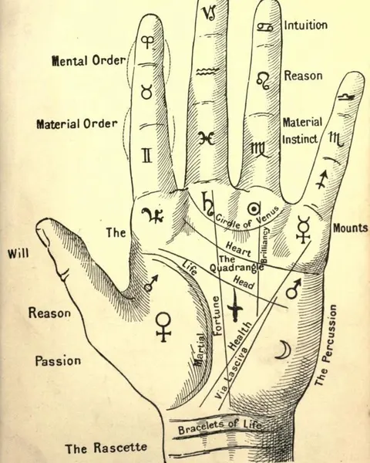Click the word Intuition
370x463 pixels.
tap(306, 25)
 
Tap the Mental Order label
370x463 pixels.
tap(89, 60)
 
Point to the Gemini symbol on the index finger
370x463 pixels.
tap(147, 156)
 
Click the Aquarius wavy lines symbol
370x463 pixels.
tap(207, 71)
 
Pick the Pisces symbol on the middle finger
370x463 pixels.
tap(207, 138)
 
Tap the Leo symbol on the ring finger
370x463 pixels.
tap(263, 80)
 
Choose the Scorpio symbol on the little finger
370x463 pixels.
tap(336, 139)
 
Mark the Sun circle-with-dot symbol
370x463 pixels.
tap(254, 209)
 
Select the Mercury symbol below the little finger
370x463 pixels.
tap(304, 229)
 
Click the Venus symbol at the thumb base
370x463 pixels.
tap(163, 327)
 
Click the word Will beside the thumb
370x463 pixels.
tap(18, 253)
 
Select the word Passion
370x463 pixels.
tap(58, 361)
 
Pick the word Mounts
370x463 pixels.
tap(351, 228)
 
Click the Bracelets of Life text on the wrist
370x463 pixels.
tap(220, 427)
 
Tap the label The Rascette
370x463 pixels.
tap(106, 448)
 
